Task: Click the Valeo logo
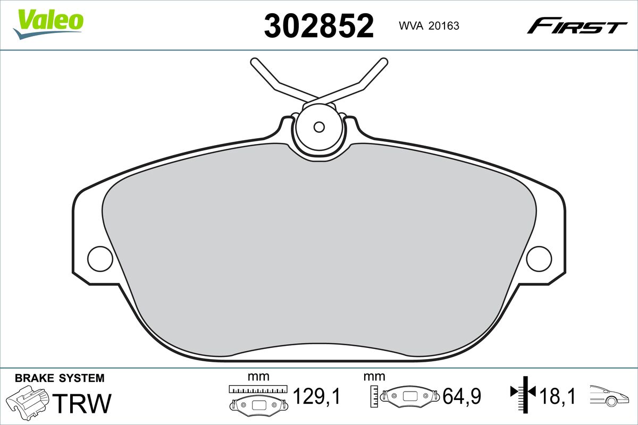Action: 48,24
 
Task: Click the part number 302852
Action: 318,26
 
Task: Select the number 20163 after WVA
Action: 444,26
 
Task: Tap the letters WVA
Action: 411,26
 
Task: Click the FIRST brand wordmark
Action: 577,29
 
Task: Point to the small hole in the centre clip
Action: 319,127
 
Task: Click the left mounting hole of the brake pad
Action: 100,259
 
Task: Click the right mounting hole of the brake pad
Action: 539,259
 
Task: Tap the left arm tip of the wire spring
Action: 254,62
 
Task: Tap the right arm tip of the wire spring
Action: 384,62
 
